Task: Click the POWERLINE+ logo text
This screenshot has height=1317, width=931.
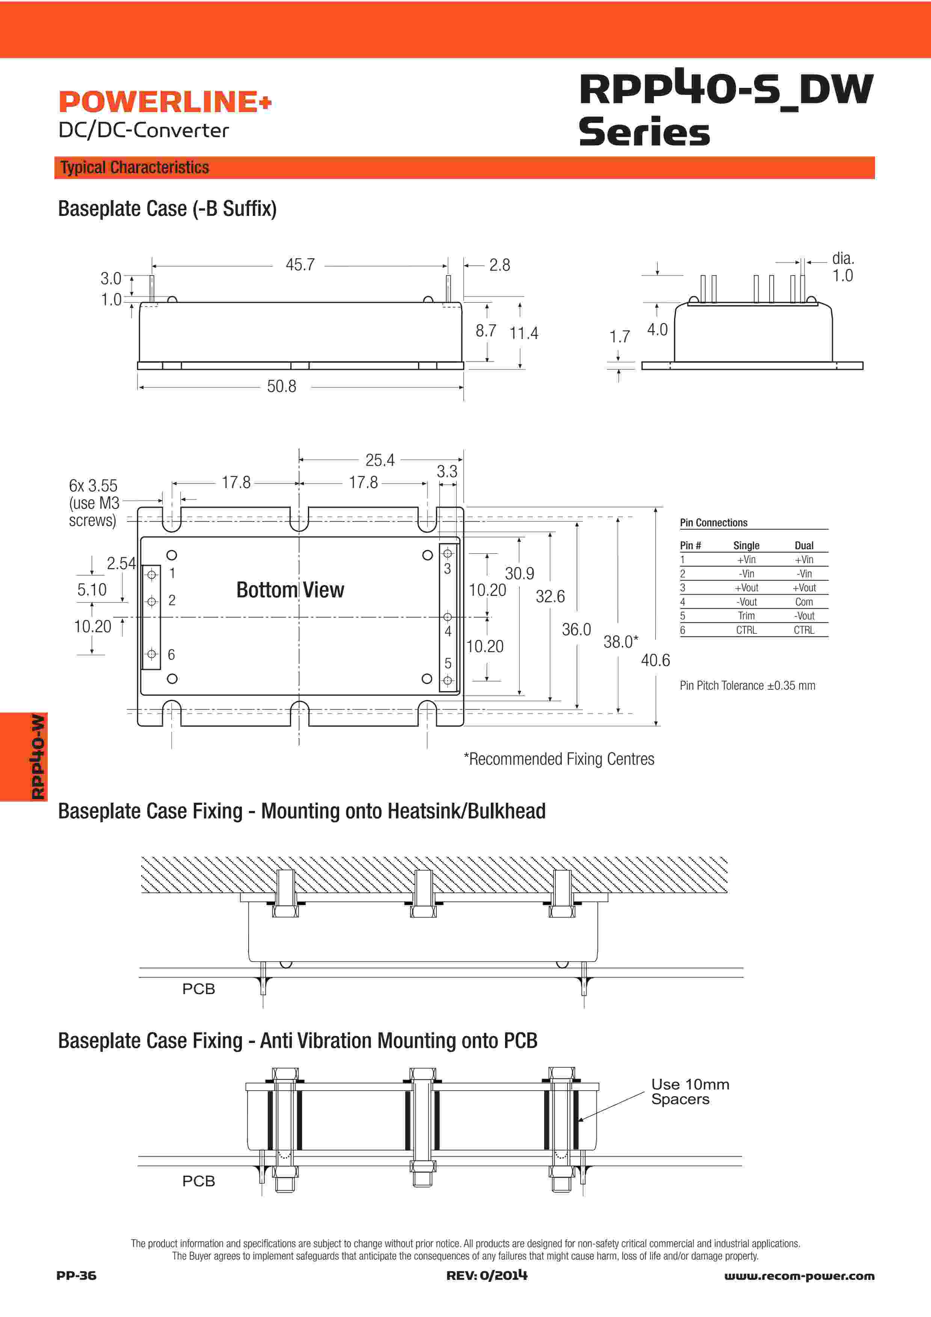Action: coord(164,102)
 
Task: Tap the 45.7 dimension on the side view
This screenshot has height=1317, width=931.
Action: coord(300,265)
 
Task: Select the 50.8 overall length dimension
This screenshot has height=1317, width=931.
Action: coord(282,387)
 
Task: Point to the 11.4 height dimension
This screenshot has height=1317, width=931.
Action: coord(524,333)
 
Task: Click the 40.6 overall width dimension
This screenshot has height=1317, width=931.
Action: coord(655,661)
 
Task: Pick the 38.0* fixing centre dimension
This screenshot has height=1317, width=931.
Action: coord(621,642)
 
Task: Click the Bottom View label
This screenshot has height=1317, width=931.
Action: coord(290,590)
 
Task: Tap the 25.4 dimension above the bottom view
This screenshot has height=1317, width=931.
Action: coord(380,460)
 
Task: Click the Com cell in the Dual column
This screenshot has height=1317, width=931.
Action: coord(804,602)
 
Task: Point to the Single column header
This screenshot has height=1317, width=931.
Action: coord(746,545)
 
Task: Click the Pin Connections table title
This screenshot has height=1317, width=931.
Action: coord(714,523)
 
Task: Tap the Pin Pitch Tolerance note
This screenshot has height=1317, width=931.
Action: coord(747,686)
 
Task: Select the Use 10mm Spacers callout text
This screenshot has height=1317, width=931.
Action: coord(690,1092)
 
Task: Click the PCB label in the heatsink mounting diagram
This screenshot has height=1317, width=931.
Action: coord(198,989)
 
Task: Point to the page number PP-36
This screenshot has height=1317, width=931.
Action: coord(76,1275)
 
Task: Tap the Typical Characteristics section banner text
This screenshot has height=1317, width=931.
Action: coord(135,167)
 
